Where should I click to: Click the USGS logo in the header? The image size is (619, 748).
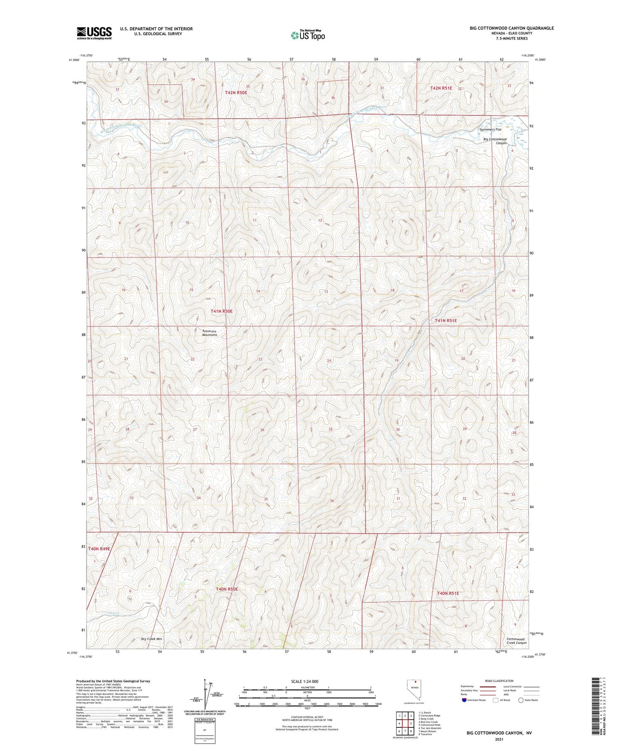(x=94, y=33)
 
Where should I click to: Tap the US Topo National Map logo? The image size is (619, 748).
(x=308, y=35)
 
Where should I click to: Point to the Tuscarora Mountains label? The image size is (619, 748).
(x=209, y=332)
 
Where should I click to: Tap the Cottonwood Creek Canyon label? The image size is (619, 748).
(x=516, y=641)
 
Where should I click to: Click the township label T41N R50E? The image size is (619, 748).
(x=221, y=311)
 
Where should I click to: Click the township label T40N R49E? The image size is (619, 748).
(x=99, y=548)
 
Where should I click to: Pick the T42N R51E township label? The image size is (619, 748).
(x=441, y=88)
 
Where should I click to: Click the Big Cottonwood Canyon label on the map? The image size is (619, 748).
(x=495, y=141)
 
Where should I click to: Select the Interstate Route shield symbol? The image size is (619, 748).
(x=464, y=700)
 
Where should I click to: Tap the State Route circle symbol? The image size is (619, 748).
(x=521, y=700)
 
